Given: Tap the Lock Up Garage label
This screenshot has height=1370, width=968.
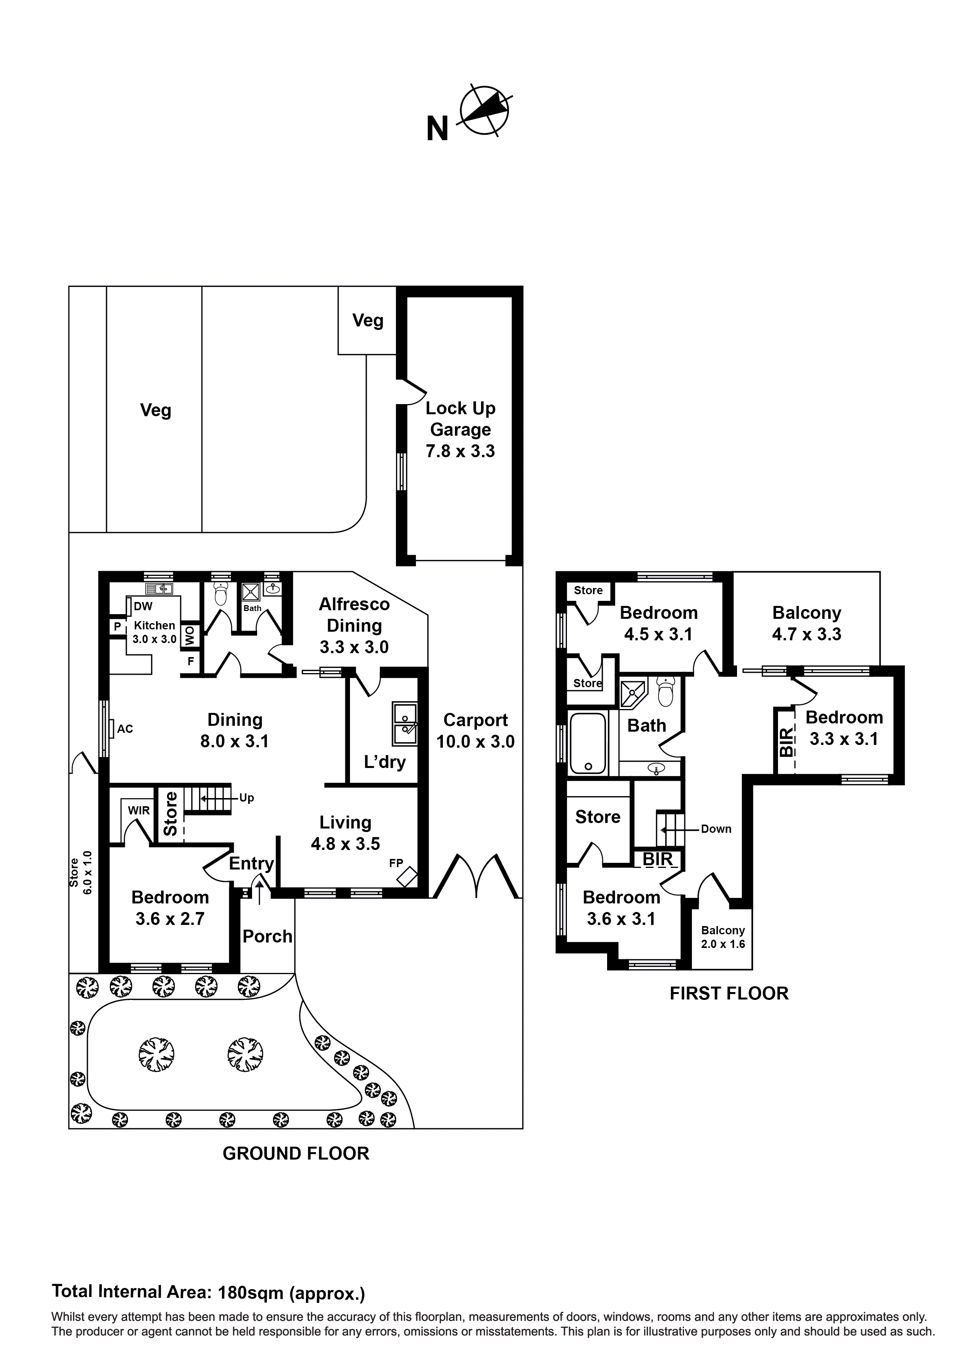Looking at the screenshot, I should [460, 429].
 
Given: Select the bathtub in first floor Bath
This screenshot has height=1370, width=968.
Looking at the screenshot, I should [588, 743].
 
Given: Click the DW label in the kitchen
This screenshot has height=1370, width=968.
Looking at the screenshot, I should [143, 606].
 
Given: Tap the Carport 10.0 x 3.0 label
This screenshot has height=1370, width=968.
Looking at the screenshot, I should [475, 730].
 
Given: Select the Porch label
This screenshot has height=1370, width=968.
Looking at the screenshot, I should [267, 936].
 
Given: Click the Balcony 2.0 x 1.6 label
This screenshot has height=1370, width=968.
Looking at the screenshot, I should [723, 937].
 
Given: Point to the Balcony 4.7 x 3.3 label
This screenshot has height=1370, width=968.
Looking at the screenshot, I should [806, 623].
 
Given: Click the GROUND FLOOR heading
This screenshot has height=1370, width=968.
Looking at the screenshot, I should [296, 1153].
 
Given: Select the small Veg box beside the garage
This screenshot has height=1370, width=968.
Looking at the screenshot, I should [368, 321].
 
